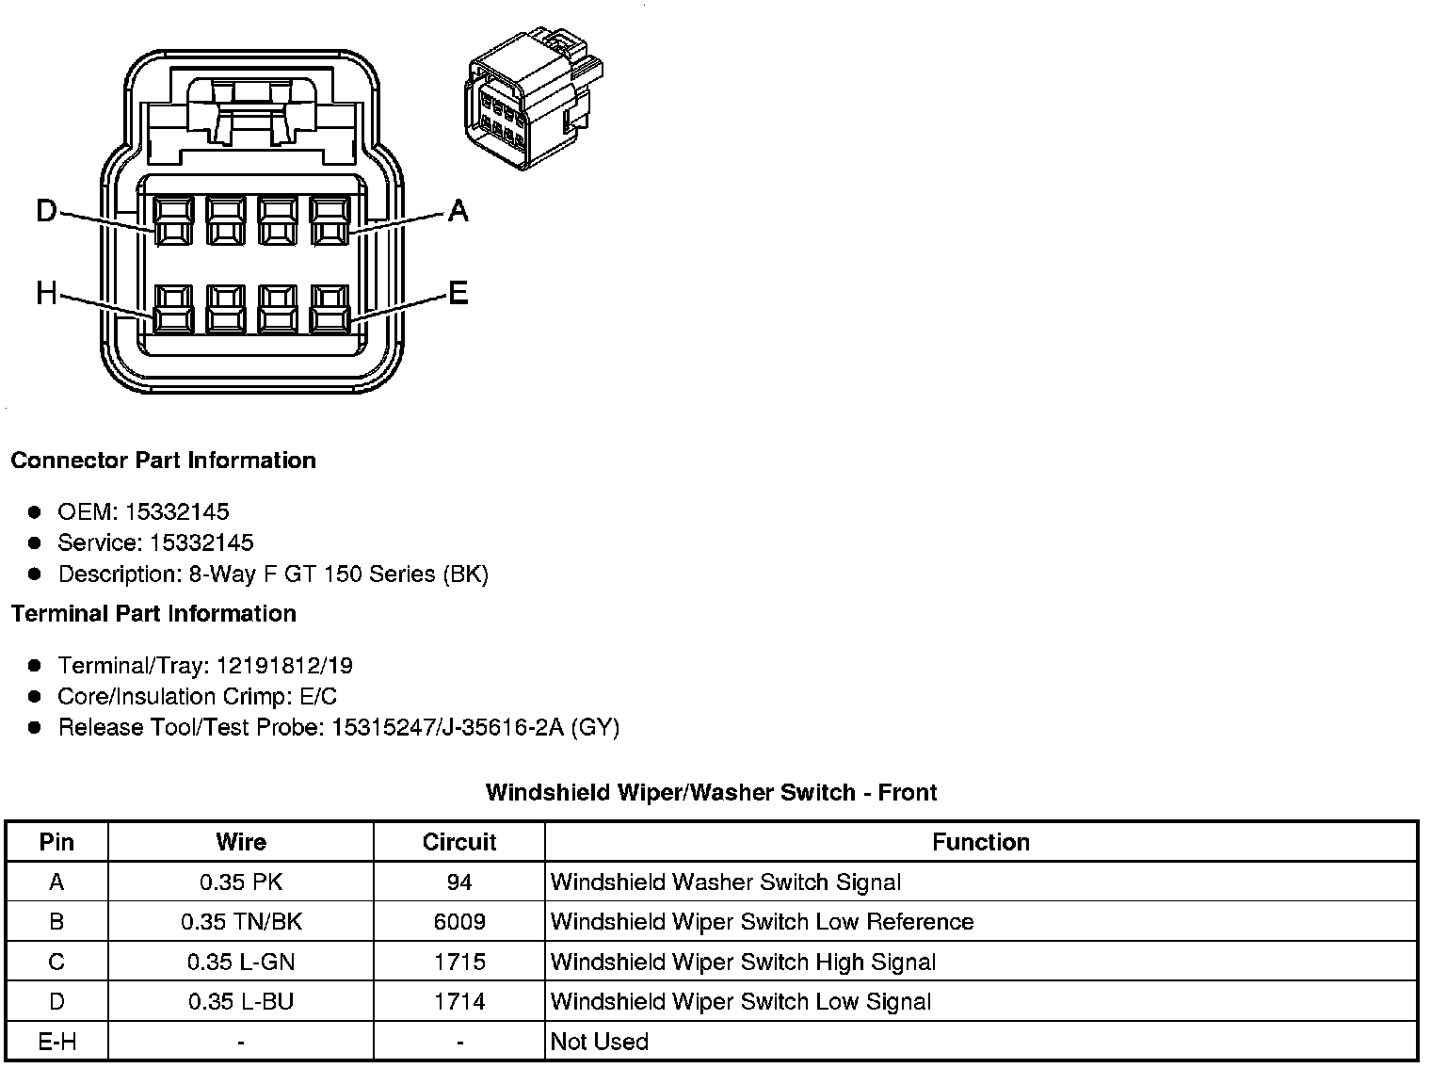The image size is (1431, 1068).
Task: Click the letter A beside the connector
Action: (x=458, y=210)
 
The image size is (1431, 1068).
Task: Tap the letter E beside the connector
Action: (x=458, y=294)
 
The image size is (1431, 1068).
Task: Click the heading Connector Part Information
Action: (x=163, y=461)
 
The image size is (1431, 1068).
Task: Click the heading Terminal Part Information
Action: (x=153, y=614)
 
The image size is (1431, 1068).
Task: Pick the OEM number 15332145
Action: (x=177, y=511)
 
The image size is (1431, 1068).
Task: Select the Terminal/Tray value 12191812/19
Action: (x=284, y=666)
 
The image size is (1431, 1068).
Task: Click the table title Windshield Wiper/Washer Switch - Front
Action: (x=711, y=792)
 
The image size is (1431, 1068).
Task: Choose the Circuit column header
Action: (x=459, y=842)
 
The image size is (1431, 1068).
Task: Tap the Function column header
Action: (x=981, y=842)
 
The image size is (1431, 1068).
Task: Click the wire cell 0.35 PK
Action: (x=241, y=882)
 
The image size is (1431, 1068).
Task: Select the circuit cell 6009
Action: (x=459, y=922)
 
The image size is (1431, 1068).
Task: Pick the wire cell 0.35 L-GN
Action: (x=241, y=962)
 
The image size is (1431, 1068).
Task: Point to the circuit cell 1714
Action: (x=459, y=1001)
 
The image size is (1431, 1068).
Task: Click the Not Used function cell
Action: (x=600, y=1042)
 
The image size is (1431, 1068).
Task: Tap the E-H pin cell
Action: (x=56, y=1042)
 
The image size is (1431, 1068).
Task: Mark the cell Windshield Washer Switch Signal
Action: (x=726, y=882)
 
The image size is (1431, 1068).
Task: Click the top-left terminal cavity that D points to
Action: (x=173, y=221)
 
